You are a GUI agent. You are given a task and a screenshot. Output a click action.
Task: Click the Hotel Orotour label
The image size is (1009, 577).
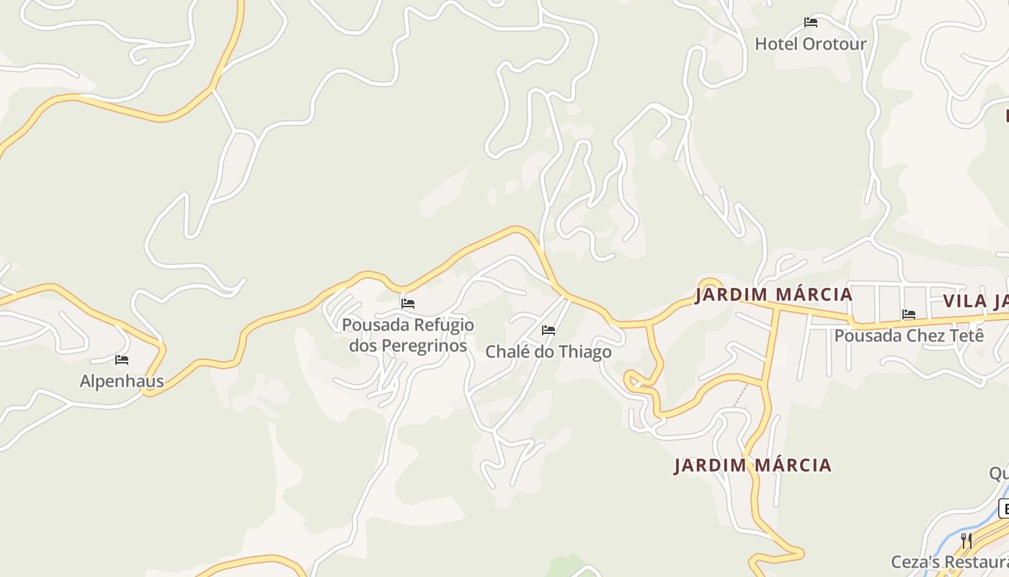coord(810,44)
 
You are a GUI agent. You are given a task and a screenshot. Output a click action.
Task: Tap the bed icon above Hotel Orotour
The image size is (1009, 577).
coord(811,22)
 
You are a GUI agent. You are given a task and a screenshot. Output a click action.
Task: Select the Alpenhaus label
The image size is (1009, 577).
coord(122,382)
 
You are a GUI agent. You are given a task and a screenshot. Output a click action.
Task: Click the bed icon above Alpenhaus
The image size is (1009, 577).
coord(122,359)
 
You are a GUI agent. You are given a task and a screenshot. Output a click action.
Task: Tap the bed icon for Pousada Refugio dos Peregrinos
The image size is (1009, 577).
coord(408,303)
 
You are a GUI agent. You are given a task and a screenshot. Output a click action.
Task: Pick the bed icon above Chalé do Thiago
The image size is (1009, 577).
coord(548,330)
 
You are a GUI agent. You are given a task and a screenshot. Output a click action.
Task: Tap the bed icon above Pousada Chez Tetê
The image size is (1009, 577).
coord(909,314)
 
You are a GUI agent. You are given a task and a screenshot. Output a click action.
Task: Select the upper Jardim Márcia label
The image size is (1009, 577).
coord(773,295)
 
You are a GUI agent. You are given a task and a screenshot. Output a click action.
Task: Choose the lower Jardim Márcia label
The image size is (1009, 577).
coord(752,465)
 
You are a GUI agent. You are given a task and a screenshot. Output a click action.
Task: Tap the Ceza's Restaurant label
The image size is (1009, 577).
coord(949,562)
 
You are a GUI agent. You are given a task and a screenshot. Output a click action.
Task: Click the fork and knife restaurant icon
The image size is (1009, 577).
coord(966,540)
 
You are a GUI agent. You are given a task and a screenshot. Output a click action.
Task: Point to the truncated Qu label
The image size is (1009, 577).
coord(999,473)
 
